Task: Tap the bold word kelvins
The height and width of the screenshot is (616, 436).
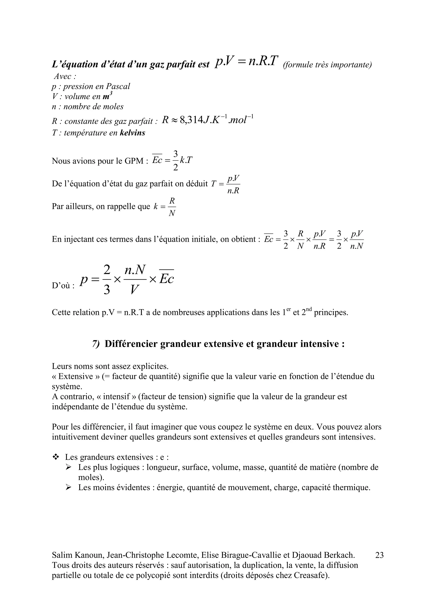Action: (x=132, y=133)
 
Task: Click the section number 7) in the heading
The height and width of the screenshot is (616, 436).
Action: (x=96, y=344)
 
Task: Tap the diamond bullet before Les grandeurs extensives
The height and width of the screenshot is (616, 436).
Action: (x=56, y=457)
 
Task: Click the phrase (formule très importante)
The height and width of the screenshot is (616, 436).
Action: (x=327, y=65)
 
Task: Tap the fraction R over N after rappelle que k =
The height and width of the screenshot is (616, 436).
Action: (x=172, y=207)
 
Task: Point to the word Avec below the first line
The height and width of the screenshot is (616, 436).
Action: (x=63, y=76)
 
